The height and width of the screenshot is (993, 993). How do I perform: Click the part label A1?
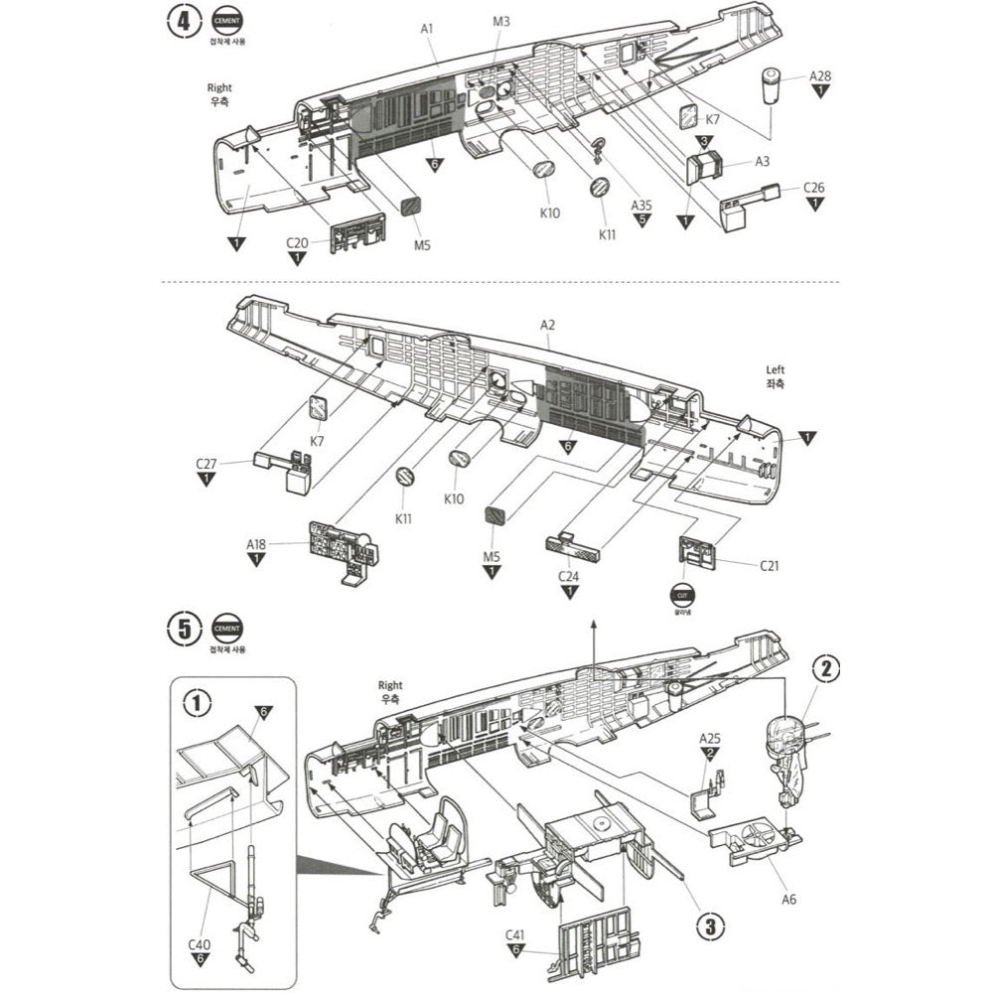pyautogui.click(x=427, y=29)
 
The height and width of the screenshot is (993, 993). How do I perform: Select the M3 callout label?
pyautogui.click(x=500, y=22)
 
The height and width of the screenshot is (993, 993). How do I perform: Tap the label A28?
pyautogui.click(x=820, y=75)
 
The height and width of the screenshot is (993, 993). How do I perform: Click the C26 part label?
pyautogui.click(x=814, y=188)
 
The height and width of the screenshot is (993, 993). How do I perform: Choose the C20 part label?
pyautogui.click(x=297, y=242)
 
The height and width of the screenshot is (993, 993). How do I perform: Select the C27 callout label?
pyautogui.click(x=207, y=464)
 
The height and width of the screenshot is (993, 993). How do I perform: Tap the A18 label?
pyautogui.click(x=256, y=544)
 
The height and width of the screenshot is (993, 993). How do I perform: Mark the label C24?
pyautogui.click(x=569, y=576)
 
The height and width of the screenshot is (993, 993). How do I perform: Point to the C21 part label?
pyautogui.click(x=770, y=566)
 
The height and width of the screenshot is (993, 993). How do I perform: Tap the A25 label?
pyautogui.click(x=709, y=739)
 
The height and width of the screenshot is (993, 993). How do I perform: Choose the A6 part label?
pyautogui.click(x=788, y=900)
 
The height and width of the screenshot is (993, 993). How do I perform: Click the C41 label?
pyautogui.click(x=514, y=935)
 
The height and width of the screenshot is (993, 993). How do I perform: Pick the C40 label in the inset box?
pyautogui.click(x=200, y=943)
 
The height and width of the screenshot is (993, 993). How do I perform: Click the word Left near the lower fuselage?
pyautogui.click(x=775, y=368)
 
